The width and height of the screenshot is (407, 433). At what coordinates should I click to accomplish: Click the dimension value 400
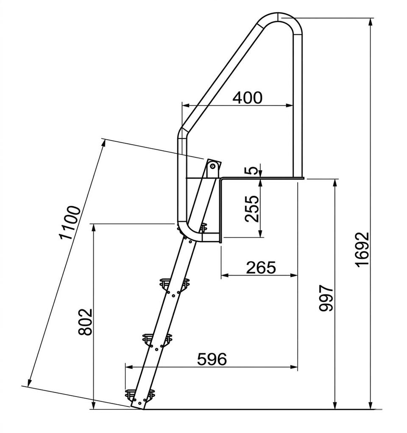point(247,98)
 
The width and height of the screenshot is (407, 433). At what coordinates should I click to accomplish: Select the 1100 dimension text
point(70,222)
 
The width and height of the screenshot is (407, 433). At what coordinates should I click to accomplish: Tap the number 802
point(85,322)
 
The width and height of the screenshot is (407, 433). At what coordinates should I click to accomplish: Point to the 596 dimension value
point(212,359)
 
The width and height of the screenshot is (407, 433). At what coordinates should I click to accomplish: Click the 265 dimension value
point(261,268)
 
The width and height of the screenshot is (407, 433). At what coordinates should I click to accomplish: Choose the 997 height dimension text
point(326,298)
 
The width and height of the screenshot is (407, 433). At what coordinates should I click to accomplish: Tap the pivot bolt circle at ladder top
point(213,166)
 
